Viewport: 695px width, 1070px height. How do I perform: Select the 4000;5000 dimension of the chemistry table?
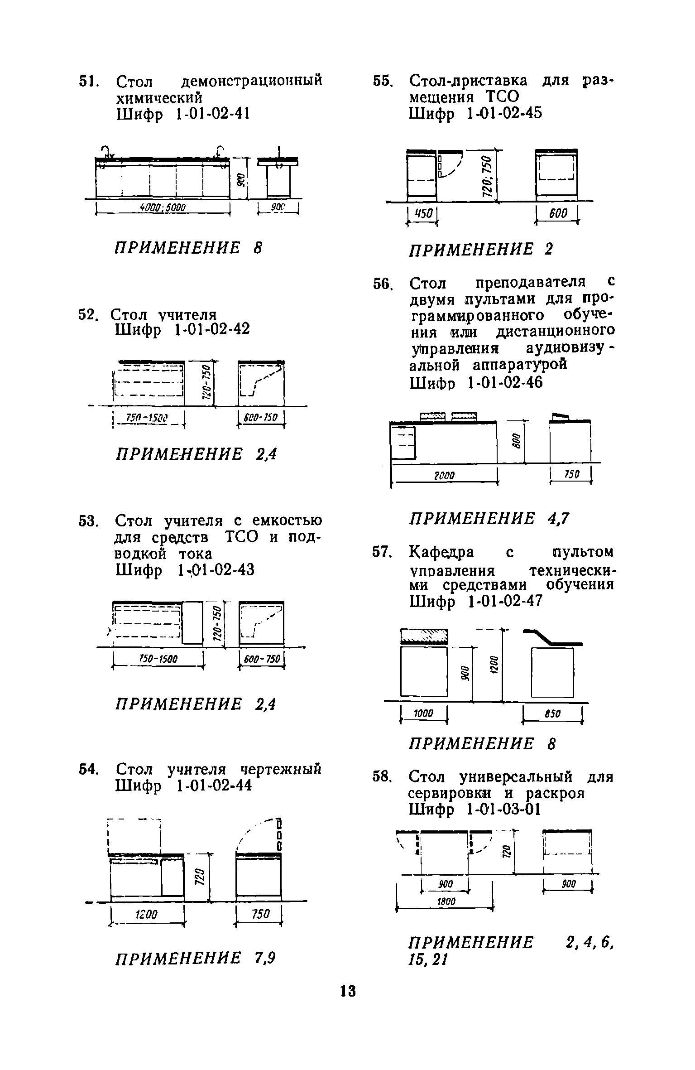click(163, 207)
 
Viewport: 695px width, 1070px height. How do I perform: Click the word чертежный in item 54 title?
click(280, 769)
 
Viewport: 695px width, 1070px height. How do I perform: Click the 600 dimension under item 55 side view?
click(557, 213)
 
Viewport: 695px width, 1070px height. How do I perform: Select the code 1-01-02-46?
click(504, 383)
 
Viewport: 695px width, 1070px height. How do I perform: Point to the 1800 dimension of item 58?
click(445, 902)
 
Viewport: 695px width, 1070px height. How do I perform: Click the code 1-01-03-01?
click(503, 809)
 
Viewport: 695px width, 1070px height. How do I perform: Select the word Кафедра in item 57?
click(441, 553)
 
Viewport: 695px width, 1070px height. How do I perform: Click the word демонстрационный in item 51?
click(252, 81)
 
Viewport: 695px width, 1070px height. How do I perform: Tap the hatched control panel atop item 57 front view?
click(424, 636)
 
